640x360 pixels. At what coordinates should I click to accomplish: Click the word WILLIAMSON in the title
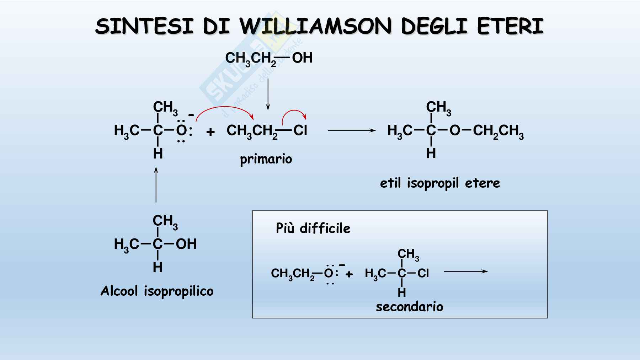click(315, 26)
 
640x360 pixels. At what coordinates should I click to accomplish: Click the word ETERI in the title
click(510, 26)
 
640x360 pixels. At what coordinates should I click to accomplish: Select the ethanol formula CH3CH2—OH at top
click(268, 58)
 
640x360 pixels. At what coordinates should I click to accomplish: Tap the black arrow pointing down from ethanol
click(268, 94)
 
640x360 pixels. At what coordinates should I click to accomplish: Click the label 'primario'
click(266, 159)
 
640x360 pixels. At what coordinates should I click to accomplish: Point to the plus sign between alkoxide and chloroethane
click(210, 132)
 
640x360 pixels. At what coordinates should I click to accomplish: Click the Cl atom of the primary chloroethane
click(300, 130)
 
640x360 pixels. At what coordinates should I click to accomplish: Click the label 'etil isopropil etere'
click(440, 183)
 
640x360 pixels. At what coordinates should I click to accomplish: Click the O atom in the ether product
click(455, 130)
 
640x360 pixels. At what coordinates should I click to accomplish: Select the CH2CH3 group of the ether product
click(498, 131)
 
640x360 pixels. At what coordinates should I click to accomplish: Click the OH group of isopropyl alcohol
click(186, 244)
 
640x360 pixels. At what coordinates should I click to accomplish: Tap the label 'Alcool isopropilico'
click(157, 291)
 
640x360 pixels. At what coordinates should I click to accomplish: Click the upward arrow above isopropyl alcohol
click(156, 185)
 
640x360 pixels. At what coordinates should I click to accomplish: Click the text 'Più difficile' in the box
click(313, 228)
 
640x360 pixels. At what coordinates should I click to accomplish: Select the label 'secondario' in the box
click(409, 307)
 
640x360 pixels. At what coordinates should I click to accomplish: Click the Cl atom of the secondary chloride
click(423, 273)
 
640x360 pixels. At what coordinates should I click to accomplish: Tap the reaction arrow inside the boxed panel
click(466, 272)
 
